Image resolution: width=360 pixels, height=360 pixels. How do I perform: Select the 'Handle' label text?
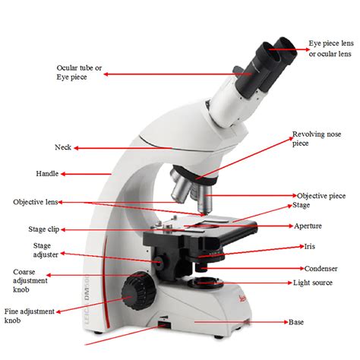click(x=47, y=173)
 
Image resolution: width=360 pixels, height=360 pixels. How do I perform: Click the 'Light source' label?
click(x=313, y=283)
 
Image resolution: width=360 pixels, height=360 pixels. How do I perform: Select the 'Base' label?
click(x=295, y=322)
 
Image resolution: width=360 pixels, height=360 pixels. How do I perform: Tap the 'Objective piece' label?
click(x=321, y=195)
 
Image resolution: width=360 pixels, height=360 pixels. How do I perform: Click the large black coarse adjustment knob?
click(x=137, y=289)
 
